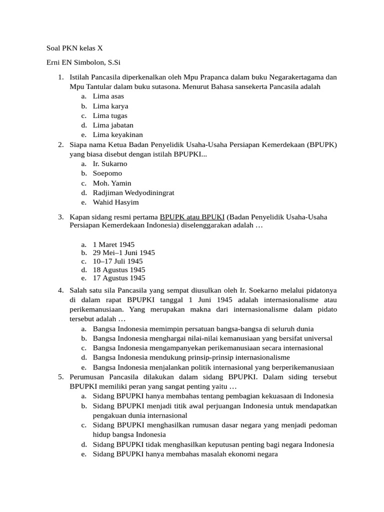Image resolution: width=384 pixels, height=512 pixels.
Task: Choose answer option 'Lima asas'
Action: (x=108, y=96)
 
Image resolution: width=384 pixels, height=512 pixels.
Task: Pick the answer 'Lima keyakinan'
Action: (x=117, y=134)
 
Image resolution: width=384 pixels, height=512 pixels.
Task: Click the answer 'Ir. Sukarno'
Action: (x=110, y=163)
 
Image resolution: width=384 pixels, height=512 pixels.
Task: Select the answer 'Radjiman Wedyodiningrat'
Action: (x=133, y=192)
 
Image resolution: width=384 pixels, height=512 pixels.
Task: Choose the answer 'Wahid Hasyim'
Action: (x=115, y=202)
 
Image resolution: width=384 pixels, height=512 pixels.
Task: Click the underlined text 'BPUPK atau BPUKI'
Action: (x=192, y=217)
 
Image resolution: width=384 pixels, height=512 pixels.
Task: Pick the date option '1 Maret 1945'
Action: (x=113, y=244)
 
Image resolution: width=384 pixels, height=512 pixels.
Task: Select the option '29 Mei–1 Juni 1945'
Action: (x=123, y=252)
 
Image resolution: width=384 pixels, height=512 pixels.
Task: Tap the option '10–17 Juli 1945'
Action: (x=117, y=261)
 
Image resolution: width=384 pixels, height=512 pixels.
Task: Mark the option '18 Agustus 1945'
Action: (x=119, y=269)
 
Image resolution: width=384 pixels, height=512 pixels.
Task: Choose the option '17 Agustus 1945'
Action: (x=119, y=278)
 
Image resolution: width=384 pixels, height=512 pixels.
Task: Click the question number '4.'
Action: (x=60, y=290)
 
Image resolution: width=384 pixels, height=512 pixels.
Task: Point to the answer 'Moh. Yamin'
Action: (x=112, y=183)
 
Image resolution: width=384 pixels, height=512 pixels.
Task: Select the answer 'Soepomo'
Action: (x=107, y=173)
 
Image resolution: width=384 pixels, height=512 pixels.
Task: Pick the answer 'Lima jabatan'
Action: (x=113, y=125)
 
